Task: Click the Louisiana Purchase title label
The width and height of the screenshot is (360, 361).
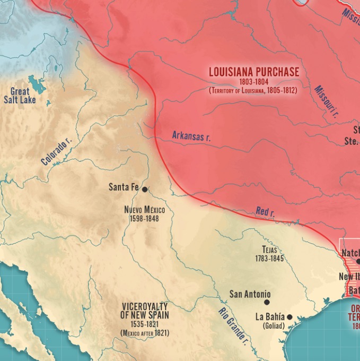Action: tap(253, 72)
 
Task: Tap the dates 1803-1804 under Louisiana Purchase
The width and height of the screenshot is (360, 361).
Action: tap(253, 82)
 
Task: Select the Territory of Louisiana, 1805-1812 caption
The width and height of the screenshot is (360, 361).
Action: tap(253, 91)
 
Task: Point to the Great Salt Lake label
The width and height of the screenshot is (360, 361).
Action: tap(20, 96)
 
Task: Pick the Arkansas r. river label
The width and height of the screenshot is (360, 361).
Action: tap(191, 136)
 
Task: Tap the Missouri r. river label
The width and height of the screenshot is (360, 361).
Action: tap(326, 101)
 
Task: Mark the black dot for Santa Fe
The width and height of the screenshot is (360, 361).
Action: tap(144, 189)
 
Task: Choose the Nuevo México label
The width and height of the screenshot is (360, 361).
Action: tap(144, 210)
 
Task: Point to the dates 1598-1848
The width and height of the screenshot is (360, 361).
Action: tap(144, 218)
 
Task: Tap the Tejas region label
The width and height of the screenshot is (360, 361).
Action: tap(269, 250)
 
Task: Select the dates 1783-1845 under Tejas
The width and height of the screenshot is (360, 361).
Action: tap(269, 259)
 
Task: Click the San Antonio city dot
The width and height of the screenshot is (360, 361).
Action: tap(267, 303)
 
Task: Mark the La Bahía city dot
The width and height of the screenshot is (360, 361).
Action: tap(289, 316)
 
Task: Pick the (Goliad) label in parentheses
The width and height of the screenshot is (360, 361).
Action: tap(274, 326)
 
